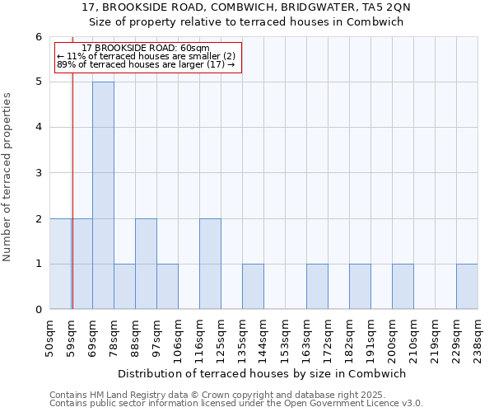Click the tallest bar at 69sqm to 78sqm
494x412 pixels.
coord(103,195)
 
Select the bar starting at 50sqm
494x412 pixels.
coord(60,264)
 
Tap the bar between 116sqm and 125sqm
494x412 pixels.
coord(210,264)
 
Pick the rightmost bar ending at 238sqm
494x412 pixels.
coord(467,287)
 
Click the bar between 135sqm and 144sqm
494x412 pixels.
coord(253,287)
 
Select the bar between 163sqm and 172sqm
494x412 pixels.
coord(317,287)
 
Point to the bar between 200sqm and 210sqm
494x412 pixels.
coord(403,287)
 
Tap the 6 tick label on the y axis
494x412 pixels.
coord(38,37)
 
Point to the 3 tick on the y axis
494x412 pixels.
coord(38,173)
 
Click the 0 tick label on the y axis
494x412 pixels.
coord(38,310)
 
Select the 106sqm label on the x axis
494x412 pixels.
coord(179,336)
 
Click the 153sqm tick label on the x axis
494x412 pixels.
coord(286,336)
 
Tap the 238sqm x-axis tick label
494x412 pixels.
coord(478,336)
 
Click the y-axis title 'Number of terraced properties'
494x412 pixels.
coord(8,176)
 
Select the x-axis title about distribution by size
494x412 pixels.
coord(263,373)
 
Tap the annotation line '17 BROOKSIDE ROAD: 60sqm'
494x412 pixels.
coord(147,49)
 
